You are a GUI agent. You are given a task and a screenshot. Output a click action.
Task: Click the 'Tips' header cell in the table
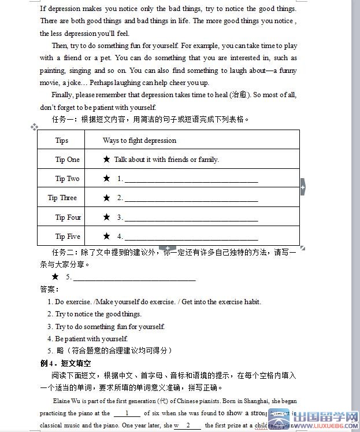point(62,141)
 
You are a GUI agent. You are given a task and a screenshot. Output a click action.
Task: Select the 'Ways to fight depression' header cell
point(139,141)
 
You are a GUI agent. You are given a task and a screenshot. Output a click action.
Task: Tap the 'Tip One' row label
point(68,160)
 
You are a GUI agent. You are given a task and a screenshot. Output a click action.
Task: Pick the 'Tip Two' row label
point(68,179)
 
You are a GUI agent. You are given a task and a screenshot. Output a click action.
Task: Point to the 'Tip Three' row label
point(62,198)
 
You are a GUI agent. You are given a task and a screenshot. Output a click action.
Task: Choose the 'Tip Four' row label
point(68,217)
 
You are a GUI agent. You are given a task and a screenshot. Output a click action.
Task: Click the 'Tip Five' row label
point(68,237)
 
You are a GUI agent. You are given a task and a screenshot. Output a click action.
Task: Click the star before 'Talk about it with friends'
point(106,159)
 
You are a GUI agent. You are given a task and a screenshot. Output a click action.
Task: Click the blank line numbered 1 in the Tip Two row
point(191,180)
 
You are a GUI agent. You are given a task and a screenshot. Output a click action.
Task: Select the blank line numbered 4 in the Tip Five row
point(191,238)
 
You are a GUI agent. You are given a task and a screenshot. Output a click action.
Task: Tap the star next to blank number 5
point(55,276)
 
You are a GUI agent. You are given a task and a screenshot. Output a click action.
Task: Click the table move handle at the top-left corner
point(34,127)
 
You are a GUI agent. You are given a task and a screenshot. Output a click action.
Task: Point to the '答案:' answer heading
point(49,289)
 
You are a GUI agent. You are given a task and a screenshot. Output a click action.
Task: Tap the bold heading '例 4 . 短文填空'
point(65,363)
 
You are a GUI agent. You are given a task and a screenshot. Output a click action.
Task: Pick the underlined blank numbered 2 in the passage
point(188,426)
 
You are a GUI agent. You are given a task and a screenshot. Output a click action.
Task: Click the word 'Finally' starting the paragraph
point(63,95)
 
